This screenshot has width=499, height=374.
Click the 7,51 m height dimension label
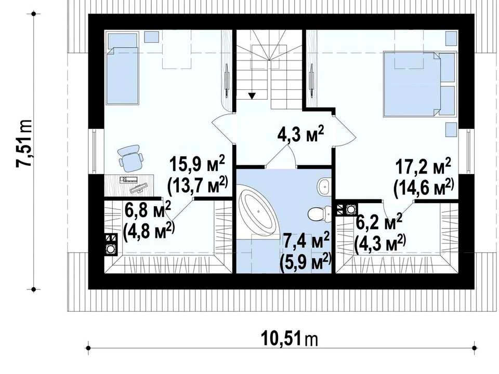click(24, 143)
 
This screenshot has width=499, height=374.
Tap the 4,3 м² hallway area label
click(300, 134)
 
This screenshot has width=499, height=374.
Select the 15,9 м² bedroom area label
click(197, 164)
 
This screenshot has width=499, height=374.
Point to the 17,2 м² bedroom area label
click(423, 166)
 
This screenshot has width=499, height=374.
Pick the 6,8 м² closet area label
click(148, 210)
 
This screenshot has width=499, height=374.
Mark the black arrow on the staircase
click(252, 96)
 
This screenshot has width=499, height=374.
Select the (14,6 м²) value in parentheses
click(423, 188)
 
